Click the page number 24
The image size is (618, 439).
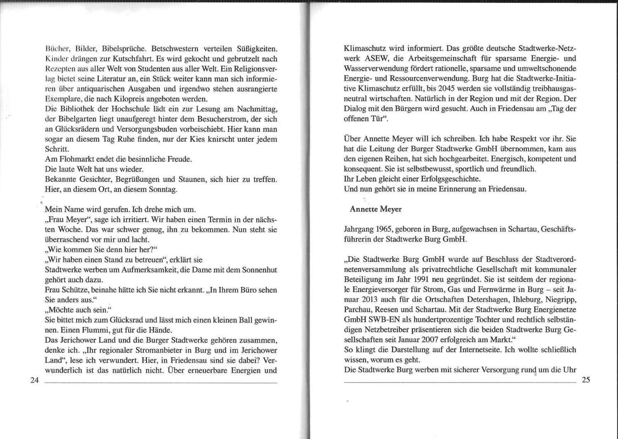point(34,380)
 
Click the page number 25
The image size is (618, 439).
point(586,380)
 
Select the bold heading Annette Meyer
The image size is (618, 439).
point(375,209)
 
